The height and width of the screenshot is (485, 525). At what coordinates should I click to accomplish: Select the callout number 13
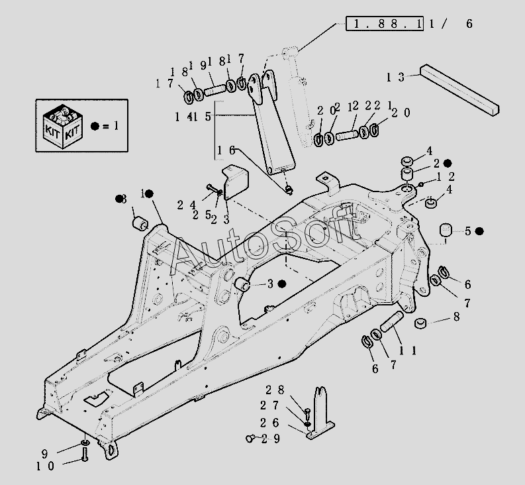pyautogui.click(x=395, y=78)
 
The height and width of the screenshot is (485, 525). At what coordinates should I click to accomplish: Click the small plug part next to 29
pyautogui.click(x=250, y=437)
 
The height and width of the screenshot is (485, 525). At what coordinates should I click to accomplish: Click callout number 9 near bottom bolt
pyautogui.click(x=45, y=454)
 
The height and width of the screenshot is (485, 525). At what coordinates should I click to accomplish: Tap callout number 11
pyautogui.click(x=408, y=350)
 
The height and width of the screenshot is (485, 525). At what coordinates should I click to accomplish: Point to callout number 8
pyautogui.click(x=456, y=317)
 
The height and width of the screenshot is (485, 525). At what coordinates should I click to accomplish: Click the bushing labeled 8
pyautogui.click(x=419, y=323)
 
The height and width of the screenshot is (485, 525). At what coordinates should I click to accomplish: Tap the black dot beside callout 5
pyautogui.click(x=480, y=231)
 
